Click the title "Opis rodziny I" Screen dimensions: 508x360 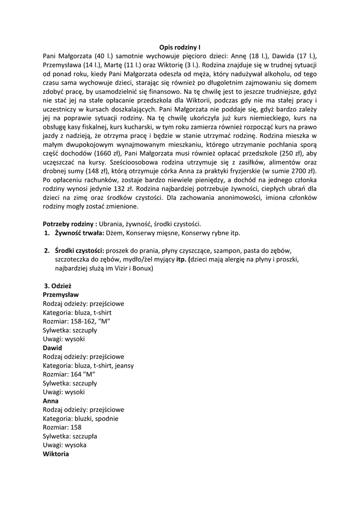click(x=180, y=48)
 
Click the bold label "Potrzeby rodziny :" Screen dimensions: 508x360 click(x=70, y=224)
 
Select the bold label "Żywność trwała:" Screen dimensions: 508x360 click(x=79, y=233)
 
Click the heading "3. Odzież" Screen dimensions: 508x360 click(x=59, y=286)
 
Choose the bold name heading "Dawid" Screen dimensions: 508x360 click(x=53, y=348)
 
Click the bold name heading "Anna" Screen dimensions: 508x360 click(x=51, y=401)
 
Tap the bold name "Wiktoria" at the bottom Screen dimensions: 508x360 click(x=56, y=454)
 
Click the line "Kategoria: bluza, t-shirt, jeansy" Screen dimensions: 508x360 click(x=88, y=366)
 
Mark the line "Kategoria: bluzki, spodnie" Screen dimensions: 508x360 click(x=80, y=419)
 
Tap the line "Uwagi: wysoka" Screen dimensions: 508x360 click(x=65, y=445)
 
